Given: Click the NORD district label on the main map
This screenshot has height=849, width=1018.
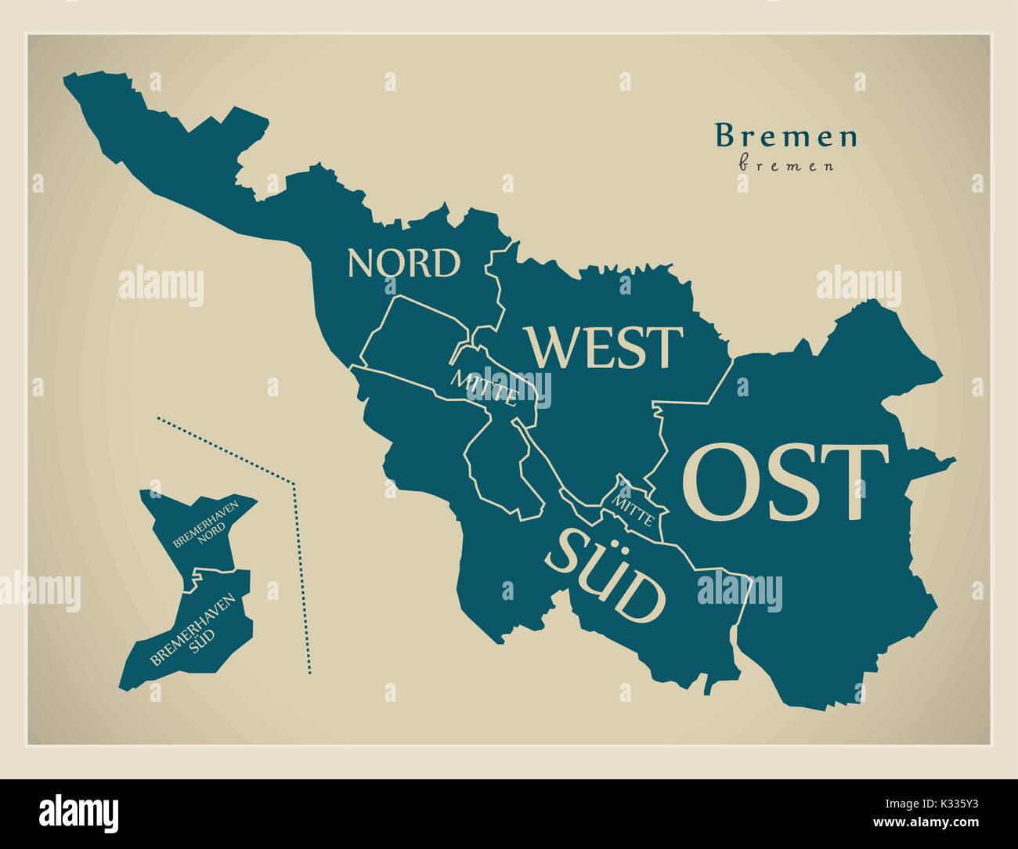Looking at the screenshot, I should coord(404,264).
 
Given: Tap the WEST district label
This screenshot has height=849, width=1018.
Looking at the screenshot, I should coord(604,347).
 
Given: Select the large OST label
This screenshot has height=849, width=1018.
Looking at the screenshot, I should coord(785,482).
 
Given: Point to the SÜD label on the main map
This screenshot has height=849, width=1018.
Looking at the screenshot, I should coord(606,576).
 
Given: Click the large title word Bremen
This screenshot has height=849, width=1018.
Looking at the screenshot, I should coord(786,137).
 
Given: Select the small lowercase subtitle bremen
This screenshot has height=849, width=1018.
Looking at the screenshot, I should coord(786,166).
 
